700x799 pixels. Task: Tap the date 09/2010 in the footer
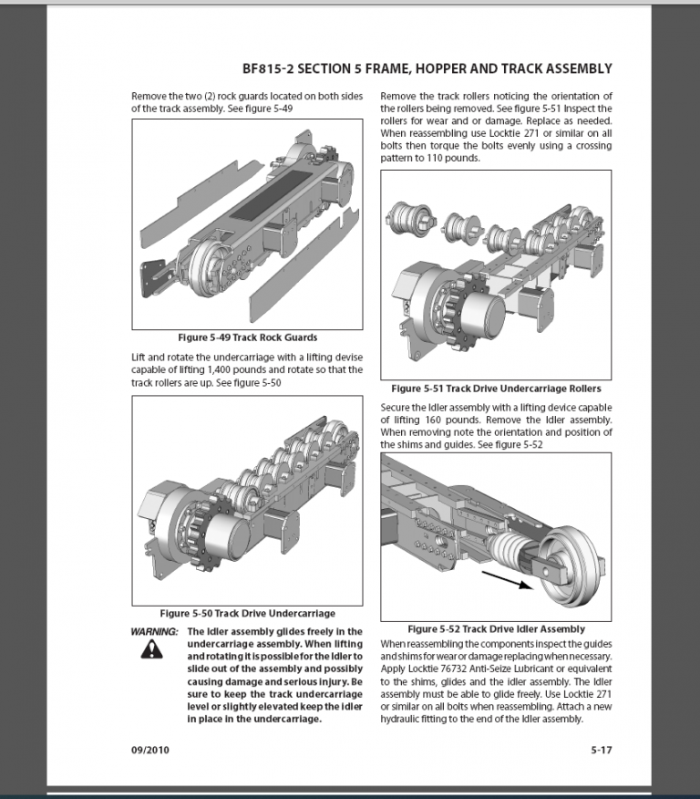click(150, 751)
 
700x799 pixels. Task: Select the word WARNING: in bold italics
click(156, 631)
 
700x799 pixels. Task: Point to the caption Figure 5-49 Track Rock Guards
click(248, 337)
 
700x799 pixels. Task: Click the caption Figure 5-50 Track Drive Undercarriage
click(248, 613)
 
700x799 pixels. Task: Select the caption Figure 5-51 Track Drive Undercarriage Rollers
click(497, 389)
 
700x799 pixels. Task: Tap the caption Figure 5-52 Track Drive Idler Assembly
click(497, 628)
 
